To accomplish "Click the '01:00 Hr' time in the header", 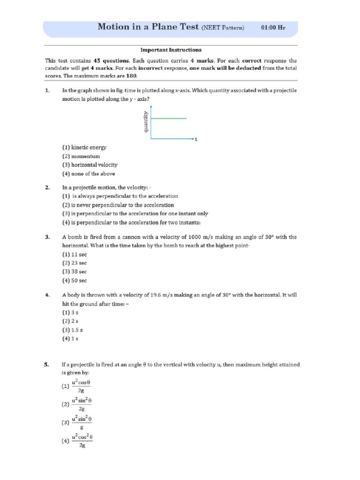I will click(273, 28).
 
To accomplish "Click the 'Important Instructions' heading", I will click(171, 50).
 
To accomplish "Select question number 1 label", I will click(47, 90).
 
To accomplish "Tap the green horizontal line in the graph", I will click(168, 119).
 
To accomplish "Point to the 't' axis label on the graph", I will click(196, 140).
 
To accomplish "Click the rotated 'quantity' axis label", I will click(146, 121).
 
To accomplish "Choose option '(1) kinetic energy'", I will click(84, 148).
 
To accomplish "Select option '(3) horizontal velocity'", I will click(90, 165).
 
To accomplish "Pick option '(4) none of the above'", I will click(88, 174).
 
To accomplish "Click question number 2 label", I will click(47, 187).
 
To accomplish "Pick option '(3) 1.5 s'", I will click(72, 330).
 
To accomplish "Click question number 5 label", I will click(47, 364).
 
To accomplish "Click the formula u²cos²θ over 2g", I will click(82, 441).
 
